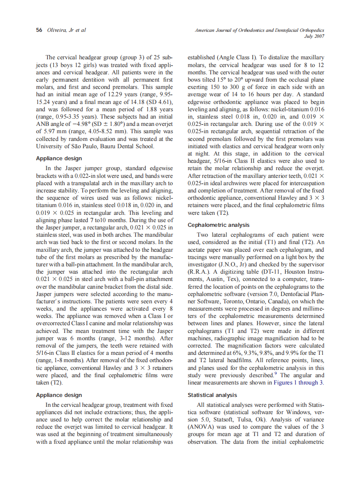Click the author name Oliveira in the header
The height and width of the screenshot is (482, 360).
[x=54, y=30]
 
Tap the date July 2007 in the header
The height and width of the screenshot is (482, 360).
[x=314, y=36]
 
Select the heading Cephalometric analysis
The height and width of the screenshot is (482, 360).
[x=219, y=225]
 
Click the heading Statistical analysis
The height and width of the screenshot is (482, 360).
[x=212, y=395]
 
